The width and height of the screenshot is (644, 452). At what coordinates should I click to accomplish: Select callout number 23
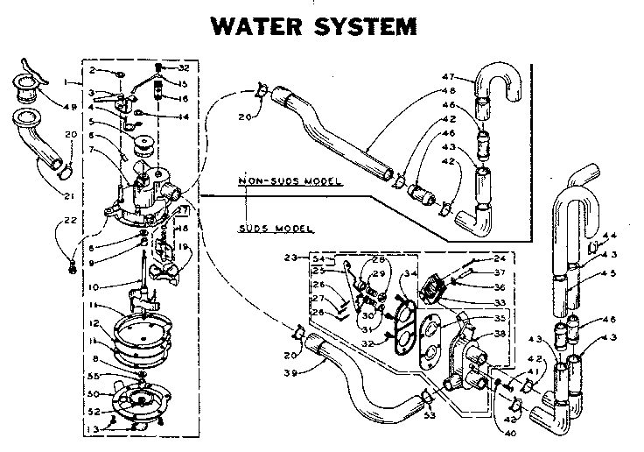[290, 258]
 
